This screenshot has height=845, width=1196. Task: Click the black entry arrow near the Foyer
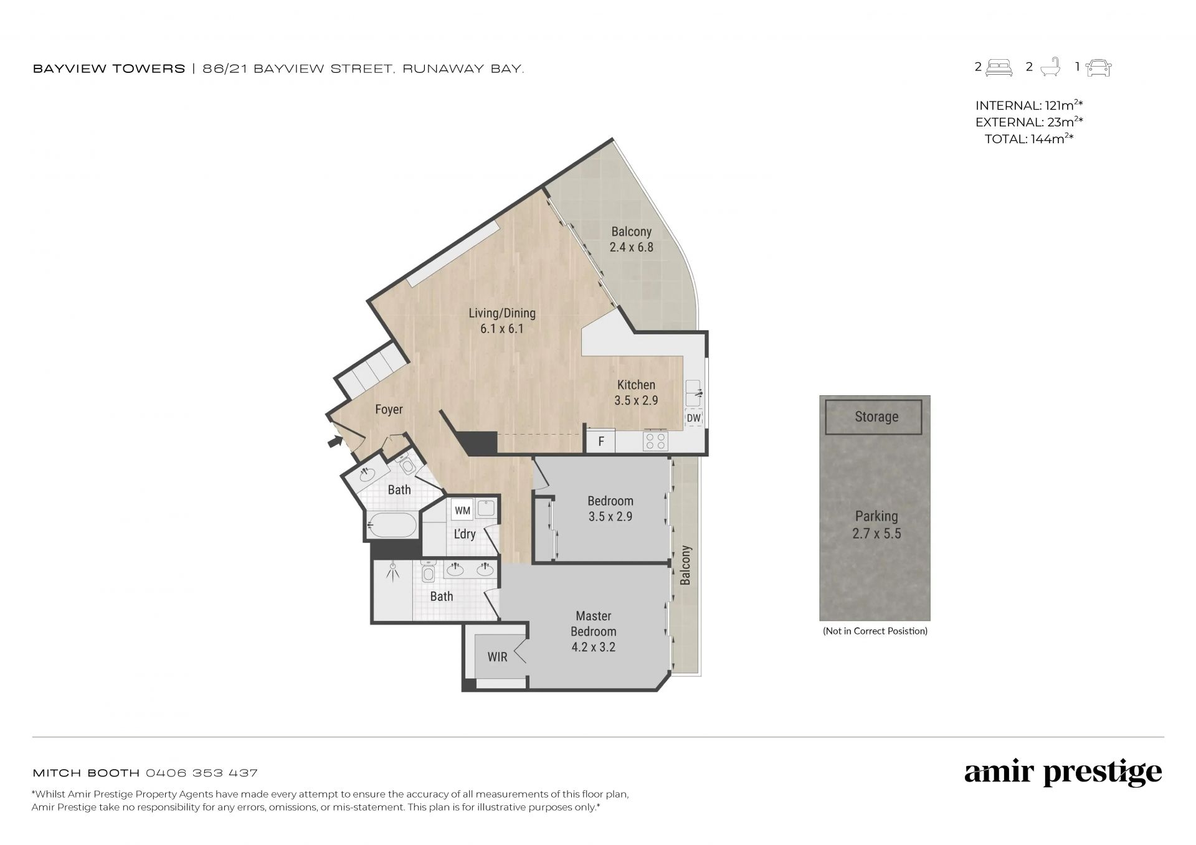click(335, 441)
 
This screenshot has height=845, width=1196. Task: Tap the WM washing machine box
click(462, 510)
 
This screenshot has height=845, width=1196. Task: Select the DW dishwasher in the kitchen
click(693, 418)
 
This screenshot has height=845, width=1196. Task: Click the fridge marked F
click(601, 441)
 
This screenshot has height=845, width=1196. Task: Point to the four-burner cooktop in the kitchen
click(655, 441)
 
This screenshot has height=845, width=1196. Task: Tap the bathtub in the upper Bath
click(391, 526)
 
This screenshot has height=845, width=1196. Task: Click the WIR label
click(497, 657)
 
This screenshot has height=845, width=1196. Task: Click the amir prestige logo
click(1063, 773)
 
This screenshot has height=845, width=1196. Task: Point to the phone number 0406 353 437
click(202, 773)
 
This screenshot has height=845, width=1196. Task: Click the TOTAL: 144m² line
click(1029, 139)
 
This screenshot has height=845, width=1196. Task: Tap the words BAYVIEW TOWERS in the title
click(109, 68)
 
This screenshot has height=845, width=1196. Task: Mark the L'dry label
click(465, 534)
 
